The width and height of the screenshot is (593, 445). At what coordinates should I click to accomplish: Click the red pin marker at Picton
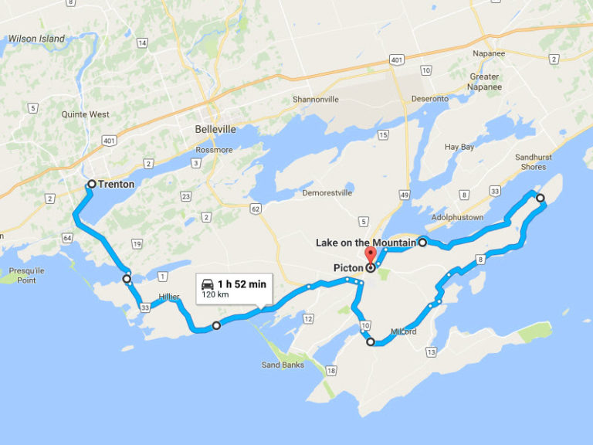click(370, 255)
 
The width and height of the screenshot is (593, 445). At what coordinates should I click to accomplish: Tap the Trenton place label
click(117, 185)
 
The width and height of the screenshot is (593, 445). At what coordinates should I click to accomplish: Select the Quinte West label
click(86, 114)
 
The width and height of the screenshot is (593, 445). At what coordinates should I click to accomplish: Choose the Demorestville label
click(327, 192)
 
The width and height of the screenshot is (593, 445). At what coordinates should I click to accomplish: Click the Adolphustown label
click(458, 217)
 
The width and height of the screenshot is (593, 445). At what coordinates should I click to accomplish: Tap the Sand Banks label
click(283, 365)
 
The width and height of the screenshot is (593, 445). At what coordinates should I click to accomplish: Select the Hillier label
click(169, 296)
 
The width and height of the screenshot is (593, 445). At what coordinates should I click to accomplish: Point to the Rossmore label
click(214, 150)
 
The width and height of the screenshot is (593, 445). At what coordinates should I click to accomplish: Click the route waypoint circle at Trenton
click(91, 184)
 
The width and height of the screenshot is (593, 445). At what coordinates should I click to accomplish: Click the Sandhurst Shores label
click(530, 161)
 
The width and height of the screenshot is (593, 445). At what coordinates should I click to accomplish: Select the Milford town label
click(403, 331)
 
